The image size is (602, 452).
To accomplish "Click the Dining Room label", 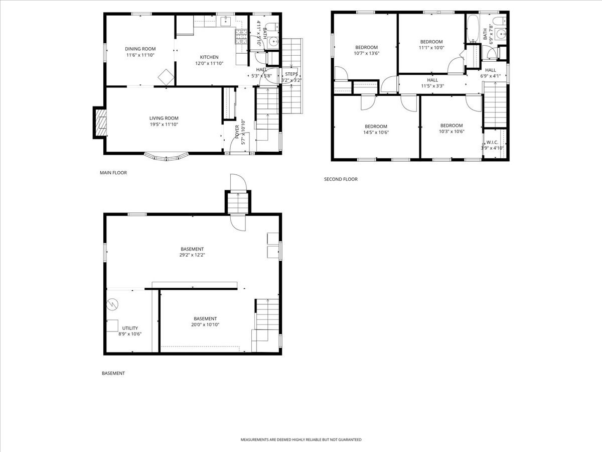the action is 140,49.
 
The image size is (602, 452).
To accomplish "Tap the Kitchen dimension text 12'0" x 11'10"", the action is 209,63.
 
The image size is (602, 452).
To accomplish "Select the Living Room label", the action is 164,119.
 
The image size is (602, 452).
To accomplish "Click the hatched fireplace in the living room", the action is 100,123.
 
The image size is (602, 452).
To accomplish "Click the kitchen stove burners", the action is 241,37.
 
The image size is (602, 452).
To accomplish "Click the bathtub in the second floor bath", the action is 473,29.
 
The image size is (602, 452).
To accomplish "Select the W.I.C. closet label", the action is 492,143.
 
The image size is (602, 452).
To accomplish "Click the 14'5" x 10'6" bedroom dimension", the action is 376,132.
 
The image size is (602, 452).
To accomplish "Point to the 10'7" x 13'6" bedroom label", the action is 366,47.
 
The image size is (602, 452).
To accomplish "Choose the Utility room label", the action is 130,328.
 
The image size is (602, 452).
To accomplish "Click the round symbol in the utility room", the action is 112,304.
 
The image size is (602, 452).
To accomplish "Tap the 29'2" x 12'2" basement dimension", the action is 192,255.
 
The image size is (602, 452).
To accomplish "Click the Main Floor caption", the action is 113,173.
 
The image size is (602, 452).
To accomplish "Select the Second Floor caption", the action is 341,179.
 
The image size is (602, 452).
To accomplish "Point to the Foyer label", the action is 237,132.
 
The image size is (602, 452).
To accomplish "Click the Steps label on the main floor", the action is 291,74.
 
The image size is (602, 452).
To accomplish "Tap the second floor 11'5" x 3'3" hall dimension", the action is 432,86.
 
